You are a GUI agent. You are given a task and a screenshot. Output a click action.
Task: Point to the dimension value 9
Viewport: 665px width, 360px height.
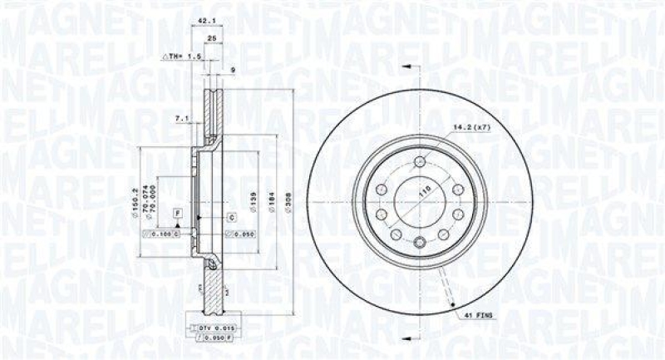234,69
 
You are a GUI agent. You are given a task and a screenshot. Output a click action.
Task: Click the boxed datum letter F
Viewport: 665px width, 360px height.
176,215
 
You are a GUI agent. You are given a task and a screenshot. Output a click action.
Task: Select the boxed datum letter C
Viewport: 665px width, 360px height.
232,218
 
